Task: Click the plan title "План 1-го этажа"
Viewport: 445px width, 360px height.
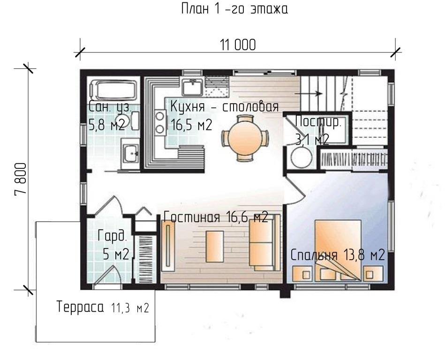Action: (234, 9)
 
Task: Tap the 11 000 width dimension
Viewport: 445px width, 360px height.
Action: (238, 45)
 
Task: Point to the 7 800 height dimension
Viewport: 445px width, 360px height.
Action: (21, 179)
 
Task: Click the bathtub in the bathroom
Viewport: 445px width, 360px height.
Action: (113, 90)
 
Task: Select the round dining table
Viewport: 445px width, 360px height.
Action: (245, 138)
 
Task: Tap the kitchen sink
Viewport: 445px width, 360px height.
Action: (192, 87)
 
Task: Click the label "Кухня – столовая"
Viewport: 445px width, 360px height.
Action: (225, 107)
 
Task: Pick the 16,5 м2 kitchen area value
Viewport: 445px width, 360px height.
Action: (192, 125)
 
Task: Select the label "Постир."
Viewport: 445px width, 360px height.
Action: (318, 121)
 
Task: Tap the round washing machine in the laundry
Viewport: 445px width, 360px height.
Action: (301, 157)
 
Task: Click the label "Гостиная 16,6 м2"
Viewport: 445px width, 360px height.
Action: (216, 217)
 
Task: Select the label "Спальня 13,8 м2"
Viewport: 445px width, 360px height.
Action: (338, 255)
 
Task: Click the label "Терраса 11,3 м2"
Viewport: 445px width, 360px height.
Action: (103, 307)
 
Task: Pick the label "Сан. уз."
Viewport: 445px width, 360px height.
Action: (110, 107)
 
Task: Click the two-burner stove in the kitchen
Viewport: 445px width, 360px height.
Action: (160, 122)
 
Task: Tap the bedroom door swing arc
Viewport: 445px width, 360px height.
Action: (298, 188)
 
